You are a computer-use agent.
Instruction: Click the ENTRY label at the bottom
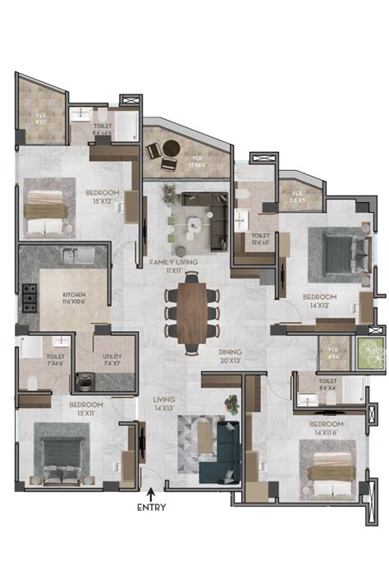pos(151,508)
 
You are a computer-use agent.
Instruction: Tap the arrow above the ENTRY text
pos(151,493)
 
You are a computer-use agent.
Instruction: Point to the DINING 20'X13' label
pos(229,356)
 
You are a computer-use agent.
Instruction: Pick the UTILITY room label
pos(112,360)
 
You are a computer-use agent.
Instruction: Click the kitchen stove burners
pos(30,297)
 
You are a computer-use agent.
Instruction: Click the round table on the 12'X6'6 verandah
pos(172,148)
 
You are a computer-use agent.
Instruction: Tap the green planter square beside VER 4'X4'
pos(368,353)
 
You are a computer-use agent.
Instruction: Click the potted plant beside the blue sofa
pos(231,403)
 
